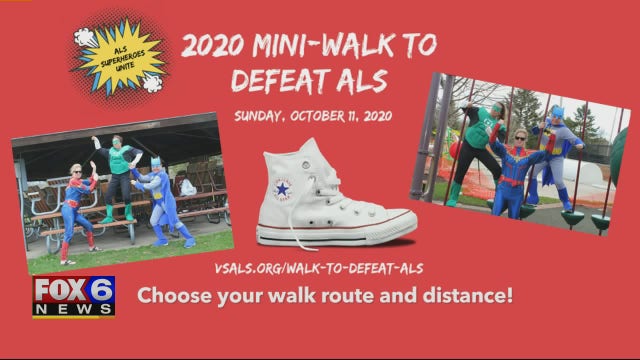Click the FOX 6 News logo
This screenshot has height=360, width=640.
[74, 297]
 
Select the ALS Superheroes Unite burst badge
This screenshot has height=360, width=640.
[120, 56]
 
